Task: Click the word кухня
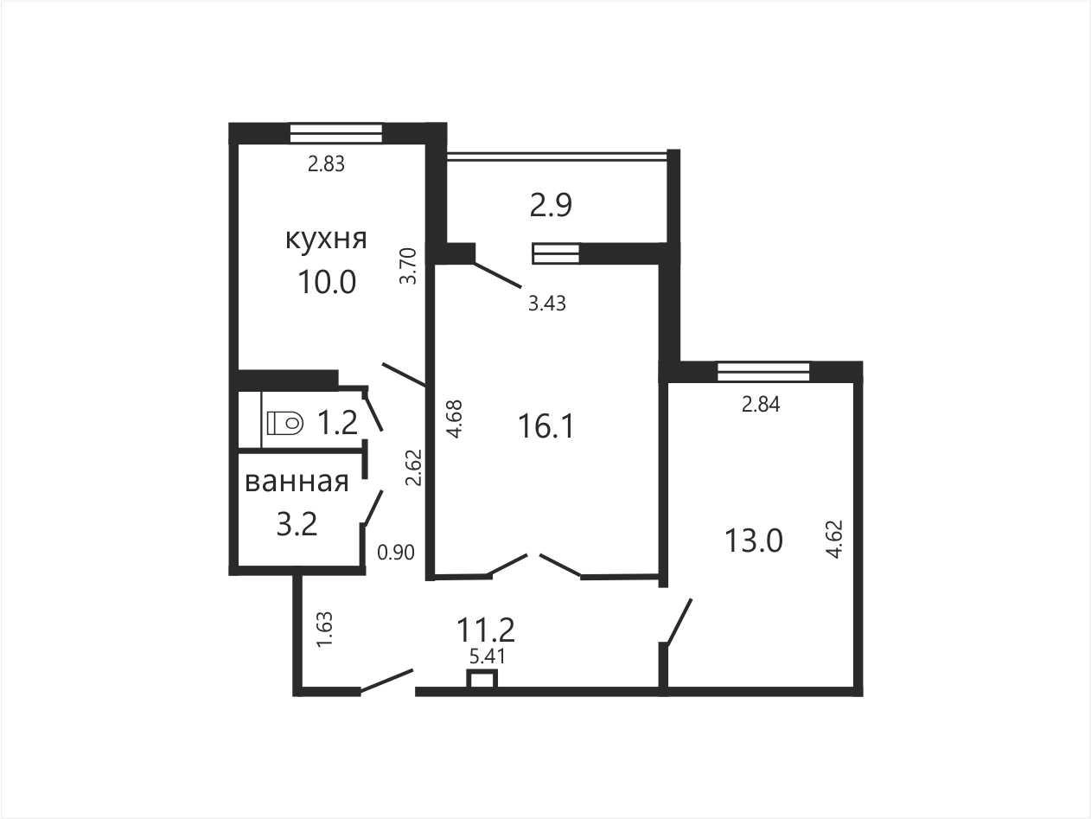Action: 326,240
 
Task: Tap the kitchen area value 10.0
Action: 327,282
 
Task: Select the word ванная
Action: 297,482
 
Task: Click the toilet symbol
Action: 284,423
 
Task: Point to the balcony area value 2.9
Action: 551,205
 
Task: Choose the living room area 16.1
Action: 545,426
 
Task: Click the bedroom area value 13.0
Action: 754,541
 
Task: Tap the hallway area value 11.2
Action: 485,630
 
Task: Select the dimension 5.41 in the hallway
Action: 487,656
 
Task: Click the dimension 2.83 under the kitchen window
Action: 326,163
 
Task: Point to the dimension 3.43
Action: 546,303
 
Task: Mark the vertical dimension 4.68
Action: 454,419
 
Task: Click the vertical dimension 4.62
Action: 834,539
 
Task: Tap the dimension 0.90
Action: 396,553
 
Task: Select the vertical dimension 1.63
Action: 324,630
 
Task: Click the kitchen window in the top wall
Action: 336,133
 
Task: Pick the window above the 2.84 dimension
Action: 763,372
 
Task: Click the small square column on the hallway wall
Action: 482,679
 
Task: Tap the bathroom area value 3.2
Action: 297,525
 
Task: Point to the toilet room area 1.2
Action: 337,423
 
